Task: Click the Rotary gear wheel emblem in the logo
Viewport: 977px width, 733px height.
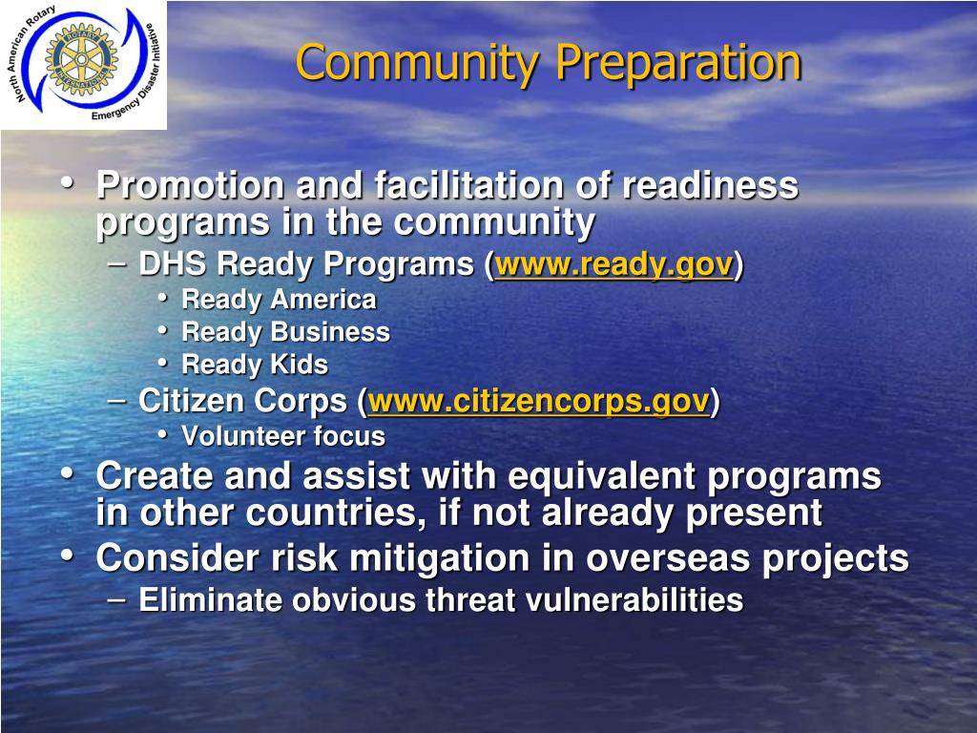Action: [81, 59]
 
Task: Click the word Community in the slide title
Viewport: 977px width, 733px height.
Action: [418, 64]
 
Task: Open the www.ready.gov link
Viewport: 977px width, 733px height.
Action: [613, 264]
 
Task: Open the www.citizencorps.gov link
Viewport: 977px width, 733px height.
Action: [539, 401]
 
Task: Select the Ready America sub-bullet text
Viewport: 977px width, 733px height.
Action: [280, 301]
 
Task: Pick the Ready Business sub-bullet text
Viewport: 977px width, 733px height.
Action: [285, 333]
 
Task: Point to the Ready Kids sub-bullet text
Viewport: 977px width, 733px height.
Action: [254, 365]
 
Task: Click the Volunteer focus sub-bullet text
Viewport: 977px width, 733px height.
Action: [283, 436]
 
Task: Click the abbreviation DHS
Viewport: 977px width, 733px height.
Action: [172, 263]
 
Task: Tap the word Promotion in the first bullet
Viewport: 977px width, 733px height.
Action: [191, 186]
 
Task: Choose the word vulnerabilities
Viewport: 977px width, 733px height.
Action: [634, 600]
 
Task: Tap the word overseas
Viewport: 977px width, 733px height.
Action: [668, 558]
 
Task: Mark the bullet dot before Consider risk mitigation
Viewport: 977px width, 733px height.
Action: [67, 555]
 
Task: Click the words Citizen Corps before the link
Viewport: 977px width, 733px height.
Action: [242, 401]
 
